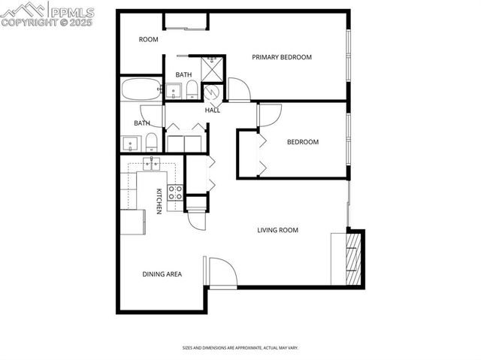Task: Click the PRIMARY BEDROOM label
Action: click(x=282, y=57)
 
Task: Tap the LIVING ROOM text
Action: click(x=278, y=230)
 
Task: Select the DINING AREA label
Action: click(x=162, y=274)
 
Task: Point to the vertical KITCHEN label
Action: click(x=159, y=201)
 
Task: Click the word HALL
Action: click(x=213, y=110)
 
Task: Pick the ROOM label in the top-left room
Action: click(x=148, y=39)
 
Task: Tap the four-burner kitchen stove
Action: click(x=175, y=192)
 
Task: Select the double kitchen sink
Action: click(x=153, y=164)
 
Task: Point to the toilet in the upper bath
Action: click(x=192, y=91)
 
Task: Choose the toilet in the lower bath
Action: click(x=152, y=141)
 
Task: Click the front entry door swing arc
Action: click(x=223, y=272)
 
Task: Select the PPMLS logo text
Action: click(x=71, y=11)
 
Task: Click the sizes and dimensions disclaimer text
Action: click(x=240, y=348)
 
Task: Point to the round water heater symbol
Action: click(x=211, y=92)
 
